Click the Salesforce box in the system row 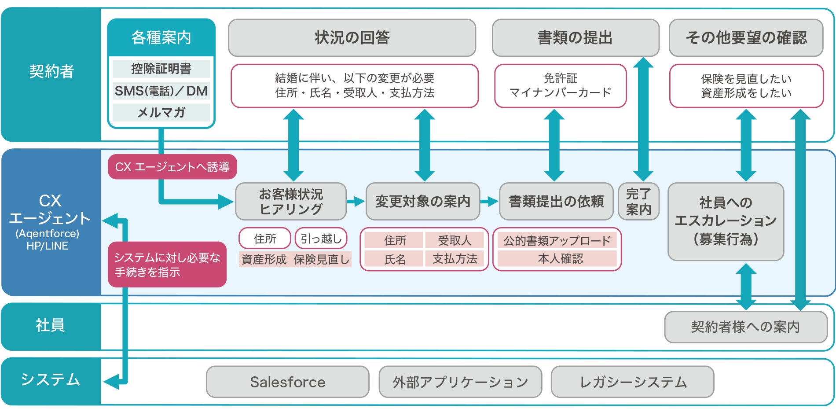coord(287,382)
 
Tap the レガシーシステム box coord(632,382)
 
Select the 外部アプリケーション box coord(460,382)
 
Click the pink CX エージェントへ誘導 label coord(172,167)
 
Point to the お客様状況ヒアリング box coord(291,202)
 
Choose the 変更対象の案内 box coord(422,202)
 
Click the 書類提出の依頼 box coord(556,202)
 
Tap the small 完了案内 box coord(638,202)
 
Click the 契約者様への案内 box coord(745,327)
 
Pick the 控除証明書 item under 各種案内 coord(161,69)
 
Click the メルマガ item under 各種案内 coord(161,113)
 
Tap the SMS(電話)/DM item coord(161,91)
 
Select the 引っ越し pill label coord(321,239)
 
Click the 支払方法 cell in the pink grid coord(455,259)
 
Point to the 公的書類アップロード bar coord(557,240)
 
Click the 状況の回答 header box coord(352,38)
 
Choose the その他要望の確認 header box coord(746,38)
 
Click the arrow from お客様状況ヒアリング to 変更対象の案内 coord(356,202)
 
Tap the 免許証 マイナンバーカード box coord(560,86)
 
